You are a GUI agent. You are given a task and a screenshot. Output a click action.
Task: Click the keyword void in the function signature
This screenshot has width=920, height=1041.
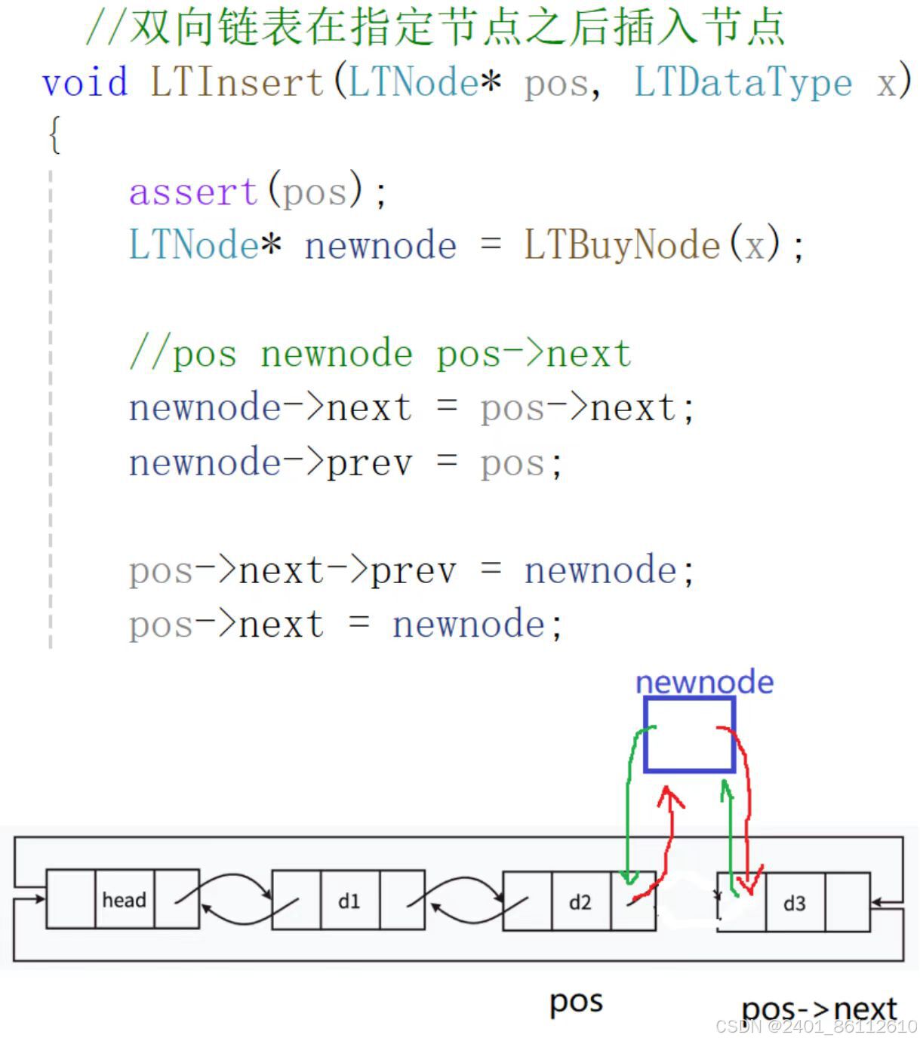click(x=85, y=82)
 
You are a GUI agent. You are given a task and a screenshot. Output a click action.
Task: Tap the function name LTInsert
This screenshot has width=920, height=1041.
click(x=237, y=82)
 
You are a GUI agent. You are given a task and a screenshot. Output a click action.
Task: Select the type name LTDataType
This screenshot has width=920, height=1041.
click(x=743, y=82)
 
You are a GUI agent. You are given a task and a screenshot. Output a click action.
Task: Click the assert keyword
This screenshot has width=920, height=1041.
click(x=194, y=192)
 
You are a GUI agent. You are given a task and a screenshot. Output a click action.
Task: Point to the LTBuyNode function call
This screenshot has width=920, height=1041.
click(x=622, y=245)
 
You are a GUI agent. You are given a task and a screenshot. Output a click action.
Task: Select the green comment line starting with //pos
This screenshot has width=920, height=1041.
click(x=380, y=354)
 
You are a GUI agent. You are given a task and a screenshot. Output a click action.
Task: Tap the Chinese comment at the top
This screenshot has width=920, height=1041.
click(x=435, y=26)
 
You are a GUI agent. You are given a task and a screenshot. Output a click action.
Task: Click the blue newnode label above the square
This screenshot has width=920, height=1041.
click(x=704, y=682)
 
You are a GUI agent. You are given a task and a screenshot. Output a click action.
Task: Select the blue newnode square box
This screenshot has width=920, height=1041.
click(x=689, y=734)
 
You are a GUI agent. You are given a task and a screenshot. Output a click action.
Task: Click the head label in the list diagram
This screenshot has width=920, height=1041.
click(x=124, y=899)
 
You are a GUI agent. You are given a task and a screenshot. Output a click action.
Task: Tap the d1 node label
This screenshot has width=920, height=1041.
click(x=349, y=901)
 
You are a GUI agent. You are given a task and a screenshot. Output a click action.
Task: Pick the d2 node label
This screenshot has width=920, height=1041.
click(x=580, y=902)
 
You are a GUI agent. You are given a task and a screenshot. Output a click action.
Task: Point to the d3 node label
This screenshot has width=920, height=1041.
click(x=794, y=903)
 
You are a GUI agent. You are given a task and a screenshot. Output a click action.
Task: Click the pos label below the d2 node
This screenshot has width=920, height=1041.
click(x=576, y=1002)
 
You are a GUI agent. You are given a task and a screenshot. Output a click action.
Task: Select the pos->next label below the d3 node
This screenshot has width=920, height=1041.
click(x=819, y=1009)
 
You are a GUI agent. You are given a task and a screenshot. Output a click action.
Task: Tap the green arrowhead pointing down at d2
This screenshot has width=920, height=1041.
click(x=627, y=877)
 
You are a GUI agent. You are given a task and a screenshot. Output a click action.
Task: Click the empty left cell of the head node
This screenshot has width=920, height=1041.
click(x=70, y=898)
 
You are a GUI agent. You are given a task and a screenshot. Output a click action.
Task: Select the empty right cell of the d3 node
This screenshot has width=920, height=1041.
click(x=847, y=902)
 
